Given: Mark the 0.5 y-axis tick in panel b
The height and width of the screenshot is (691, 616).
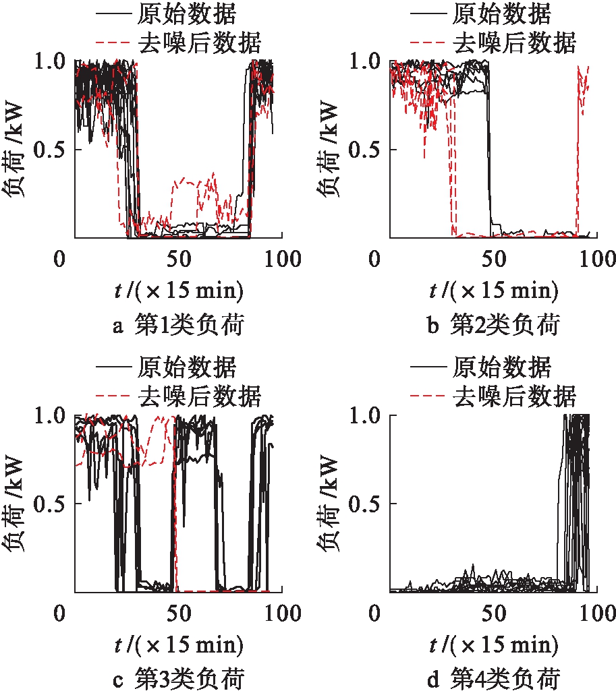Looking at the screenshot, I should pyautogui.click(x=364, y=149).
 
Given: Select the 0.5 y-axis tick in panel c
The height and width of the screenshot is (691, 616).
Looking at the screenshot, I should pyautogui.click(x=49, y=503).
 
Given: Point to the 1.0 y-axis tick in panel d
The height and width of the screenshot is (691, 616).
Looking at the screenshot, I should pyautogui.click(x=364, y=414).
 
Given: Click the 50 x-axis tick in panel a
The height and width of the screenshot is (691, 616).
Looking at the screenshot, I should pyautogui.click(x=179, y=258).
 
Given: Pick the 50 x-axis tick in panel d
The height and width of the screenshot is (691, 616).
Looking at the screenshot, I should pyautogui.click(x=495, y=613).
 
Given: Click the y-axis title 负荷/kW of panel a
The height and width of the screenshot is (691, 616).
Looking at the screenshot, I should pyautogui.click(x=16, y=150).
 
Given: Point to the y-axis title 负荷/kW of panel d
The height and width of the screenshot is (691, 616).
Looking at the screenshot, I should pyautogui.click(x=332, y=504).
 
